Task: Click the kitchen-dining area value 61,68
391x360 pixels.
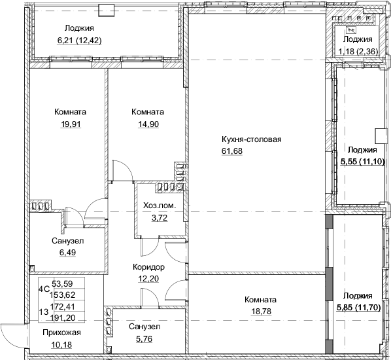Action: point(232,152)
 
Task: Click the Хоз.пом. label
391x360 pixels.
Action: point(160,206)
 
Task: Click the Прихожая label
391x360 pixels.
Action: point(57,333)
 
